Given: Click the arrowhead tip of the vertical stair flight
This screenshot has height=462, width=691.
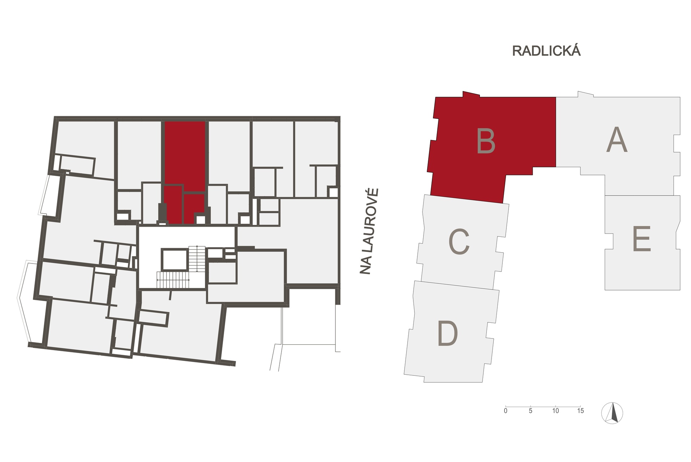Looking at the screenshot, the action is coord(197,271).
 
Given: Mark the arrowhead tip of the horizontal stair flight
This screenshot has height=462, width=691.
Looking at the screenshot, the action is coord(157,280).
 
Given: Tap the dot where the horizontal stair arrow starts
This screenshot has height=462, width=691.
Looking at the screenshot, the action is coord(189,280).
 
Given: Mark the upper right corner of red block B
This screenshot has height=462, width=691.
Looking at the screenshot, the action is coord(555,97).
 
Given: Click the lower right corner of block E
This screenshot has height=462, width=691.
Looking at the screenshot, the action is coord(680,290).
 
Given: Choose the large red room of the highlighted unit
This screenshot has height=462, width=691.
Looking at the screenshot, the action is coord(185,153).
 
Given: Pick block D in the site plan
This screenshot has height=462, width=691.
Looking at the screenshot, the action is coord(452,331).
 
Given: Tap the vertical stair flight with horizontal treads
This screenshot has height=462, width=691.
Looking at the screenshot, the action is coord(197,258).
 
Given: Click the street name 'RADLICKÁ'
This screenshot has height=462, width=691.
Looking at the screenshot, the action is coord(546,51).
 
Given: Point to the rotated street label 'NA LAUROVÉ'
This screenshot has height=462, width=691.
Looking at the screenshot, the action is coord(366,231).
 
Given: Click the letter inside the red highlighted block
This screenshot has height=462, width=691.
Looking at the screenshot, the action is coord(486,141).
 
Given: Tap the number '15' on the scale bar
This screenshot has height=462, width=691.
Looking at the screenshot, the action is coord(580,411).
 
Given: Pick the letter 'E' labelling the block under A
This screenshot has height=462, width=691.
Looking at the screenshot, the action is coord(641,239).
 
